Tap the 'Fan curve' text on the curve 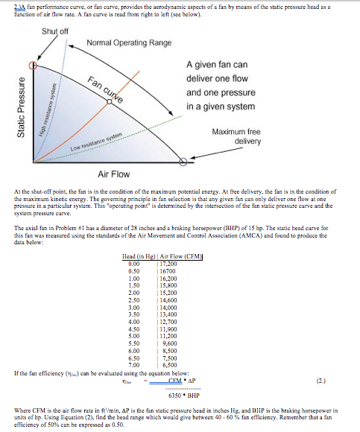(105, 91)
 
